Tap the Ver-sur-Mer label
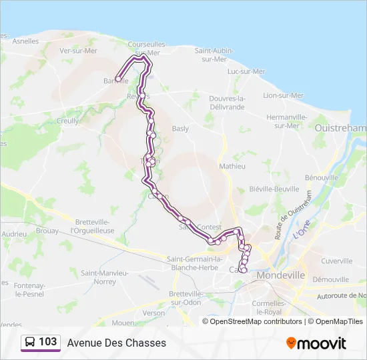click(x=78, y=50)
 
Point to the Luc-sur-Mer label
click(x=246, y=71)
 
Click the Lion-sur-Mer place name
click(x=283, y=95)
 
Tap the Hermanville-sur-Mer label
click(x=286, y=121)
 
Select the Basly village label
click(x=180, y=129)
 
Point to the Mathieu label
click(x=232, y=166)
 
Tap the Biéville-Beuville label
click(x=274, y=189)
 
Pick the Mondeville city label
click(x=280, y=275)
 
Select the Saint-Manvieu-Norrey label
click(x=106, y=277)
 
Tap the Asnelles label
click(x=25, y=41)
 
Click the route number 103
click(x=47, y=342)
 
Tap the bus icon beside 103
click(x=30, y=343)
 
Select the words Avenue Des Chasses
click(x=117, y=343)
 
